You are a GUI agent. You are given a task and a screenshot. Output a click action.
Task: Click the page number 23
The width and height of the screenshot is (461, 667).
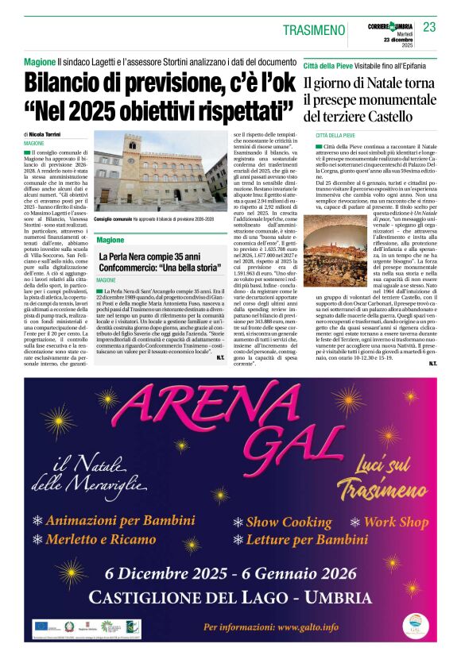[429, 27]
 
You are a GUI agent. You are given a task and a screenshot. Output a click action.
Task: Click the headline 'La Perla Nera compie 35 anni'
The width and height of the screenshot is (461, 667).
[150, 258]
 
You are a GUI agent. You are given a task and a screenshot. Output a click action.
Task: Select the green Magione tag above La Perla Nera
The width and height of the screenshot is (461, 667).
[110, 239]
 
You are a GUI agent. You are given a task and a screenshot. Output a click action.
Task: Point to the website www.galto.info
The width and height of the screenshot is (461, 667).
[297, 627]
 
